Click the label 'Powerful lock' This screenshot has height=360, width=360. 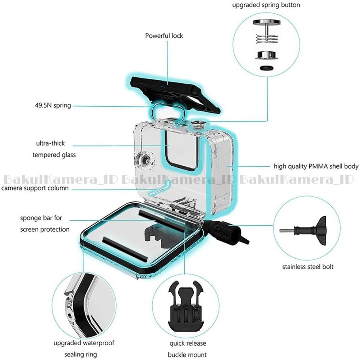164,36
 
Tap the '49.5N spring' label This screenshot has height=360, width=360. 50,105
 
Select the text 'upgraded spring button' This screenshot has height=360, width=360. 266,5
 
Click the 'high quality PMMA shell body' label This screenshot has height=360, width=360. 316,166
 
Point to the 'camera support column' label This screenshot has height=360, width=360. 35,188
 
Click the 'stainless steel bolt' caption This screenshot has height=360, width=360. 307,267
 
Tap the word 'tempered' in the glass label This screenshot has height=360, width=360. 47,155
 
